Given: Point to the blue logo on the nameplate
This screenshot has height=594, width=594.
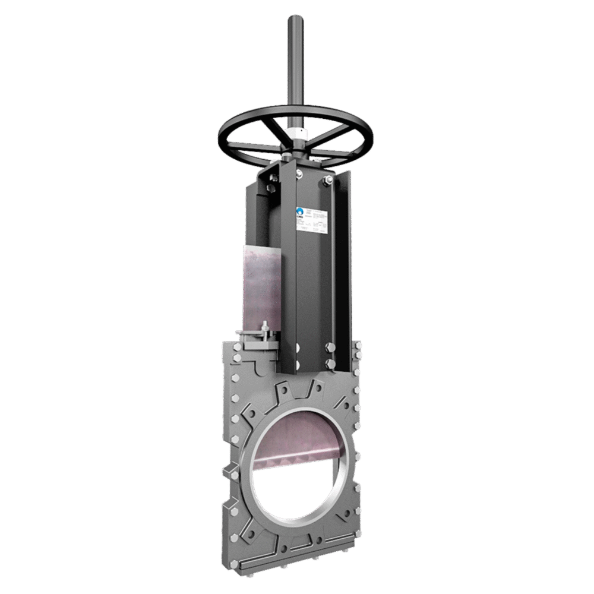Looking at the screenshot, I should tap(300, 211).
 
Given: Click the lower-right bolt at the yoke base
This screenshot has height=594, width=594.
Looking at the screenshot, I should tap(328, 362).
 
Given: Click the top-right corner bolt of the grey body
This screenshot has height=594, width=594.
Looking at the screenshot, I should tap(358, 346).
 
